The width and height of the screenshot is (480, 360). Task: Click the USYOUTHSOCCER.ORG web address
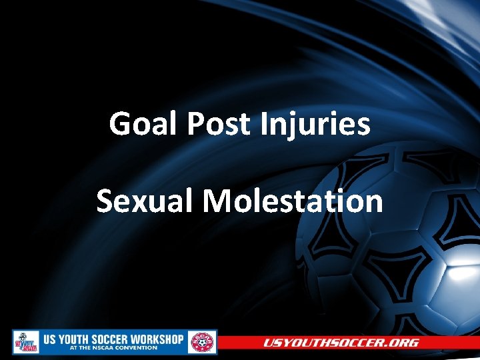click(341, 343)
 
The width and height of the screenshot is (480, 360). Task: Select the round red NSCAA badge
click(201, 342)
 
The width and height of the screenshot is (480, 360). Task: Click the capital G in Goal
click(121, 124)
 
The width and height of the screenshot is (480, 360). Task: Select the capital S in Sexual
click(105, 201)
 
